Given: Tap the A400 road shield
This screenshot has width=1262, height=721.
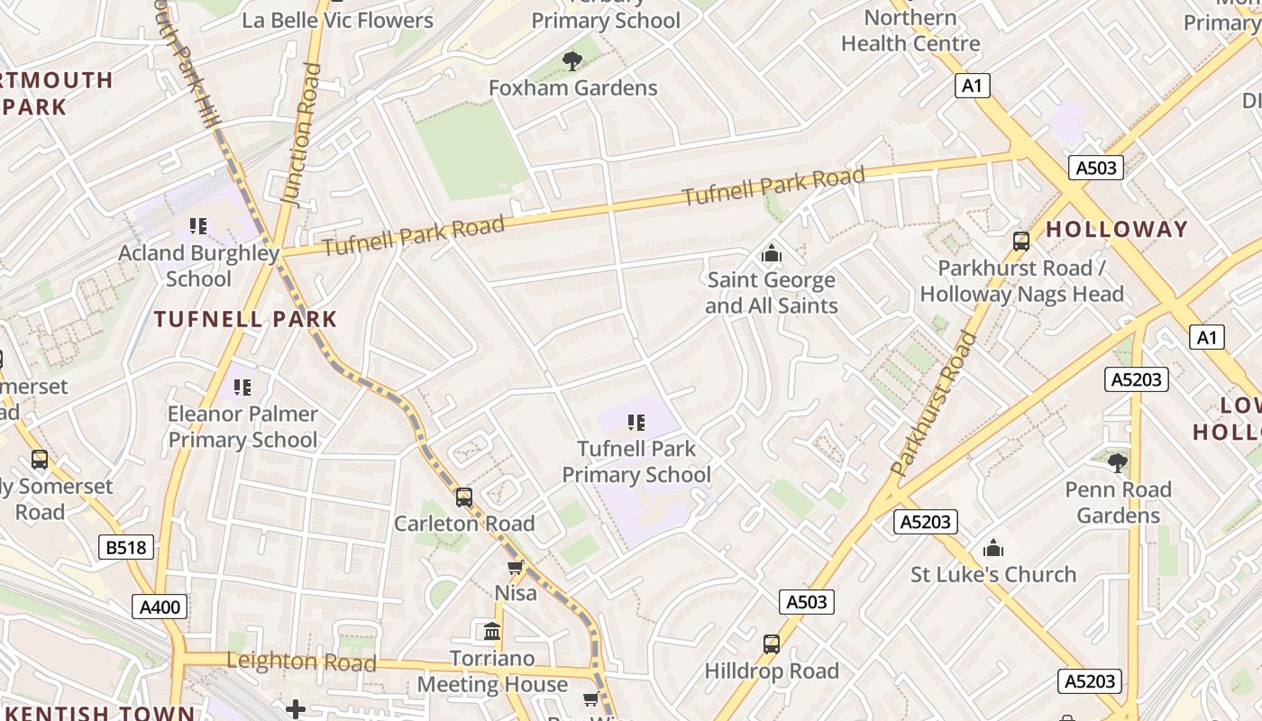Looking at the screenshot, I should coord(160,607).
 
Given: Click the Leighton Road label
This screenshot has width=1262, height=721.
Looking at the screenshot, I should coord(301,662).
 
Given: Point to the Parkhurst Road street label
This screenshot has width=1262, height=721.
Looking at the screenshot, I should coord(934,404).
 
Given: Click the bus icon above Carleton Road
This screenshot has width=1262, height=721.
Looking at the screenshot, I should coord(463,497).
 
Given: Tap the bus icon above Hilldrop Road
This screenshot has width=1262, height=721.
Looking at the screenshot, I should coord(772,644).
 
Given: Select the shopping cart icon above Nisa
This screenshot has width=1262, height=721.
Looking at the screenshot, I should coord(515,567).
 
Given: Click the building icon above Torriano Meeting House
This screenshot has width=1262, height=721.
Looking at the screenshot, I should coord(492,631).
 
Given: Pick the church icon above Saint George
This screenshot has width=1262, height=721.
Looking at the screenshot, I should coord(771,254).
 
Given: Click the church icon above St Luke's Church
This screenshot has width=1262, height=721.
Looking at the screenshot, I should coord(992,548).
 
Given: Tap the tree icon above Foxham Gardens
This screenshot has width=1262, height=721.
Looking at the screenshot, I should coord(572,61).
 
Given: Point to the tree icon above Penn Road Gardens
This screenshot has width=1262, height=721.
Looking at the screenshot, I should coord(1117,463).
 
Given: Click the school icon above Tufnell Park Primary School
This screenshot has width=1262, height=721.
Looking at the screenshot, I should coord(636,422).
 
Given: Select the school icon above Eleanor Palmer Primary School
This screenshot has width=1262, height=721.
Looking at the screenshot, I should coord(242,388).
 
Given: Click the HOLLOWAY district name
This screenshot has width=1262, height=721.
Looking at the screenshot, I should coord(1116,229).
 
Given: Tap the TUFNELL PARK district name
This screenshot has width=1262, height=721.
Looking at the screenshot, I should coord(245,319).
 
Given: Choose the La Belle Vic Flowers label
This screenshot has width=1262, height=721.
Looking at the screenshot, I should coord(337,20).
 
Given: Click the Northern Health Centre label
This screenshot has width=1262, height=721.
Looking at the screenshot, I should coord(910,30).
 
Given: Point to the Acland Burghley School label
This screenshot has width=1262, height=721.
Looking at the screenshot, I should coord(198,266).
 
